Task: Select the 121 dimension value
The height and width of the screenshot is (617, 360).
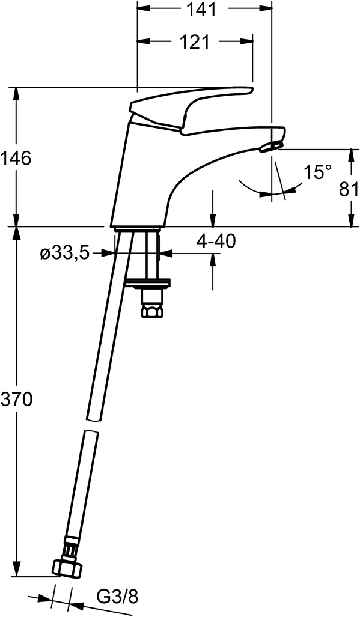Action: point(194,41)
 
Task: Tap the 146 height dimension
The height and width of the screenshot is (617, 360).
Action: point(16,158)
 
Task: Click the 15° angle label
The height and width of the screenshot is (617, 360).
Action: point(317,172)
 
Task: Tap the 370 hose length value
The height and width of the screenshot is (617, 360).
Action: point(16,399)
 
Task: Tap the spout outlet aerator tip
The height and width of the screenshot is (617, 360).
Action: point(272,145)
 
